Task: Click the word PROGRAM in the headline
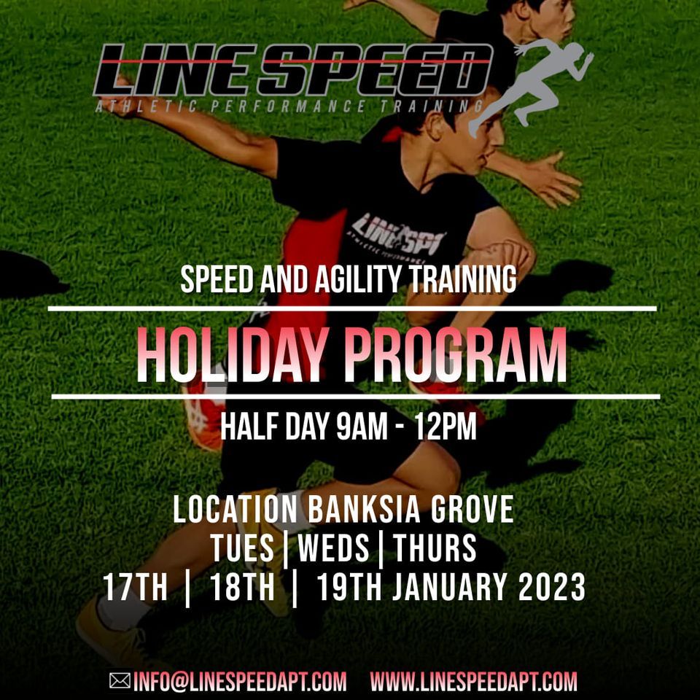[x=455, y=355]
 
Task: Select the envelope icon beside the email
[x=120, y=681]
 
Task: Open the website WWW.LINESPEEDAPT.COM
[x=473, y=682]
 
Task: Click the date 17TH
[x=135, y=588]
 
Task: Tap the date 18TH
[x=241, y=588]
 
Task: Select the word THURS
[x=435, y=548]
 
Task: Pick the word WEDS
[x=333, y=548]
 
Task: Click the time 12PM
[x=446, y=428]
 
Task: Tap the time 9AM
[x=361, y=428]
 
